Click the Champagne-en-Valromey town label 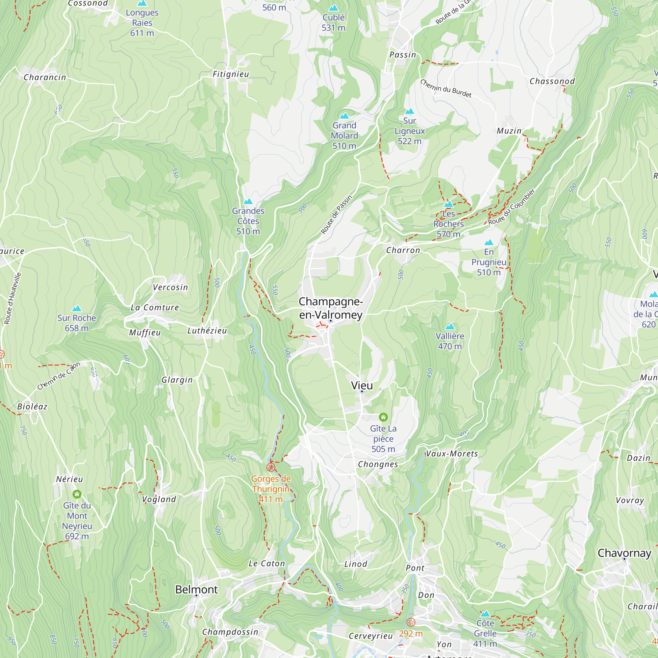click(x=330, y=308)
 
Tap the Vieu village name click(x=362, y=385)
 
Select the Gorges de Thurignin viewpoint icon click(x=271, y=467)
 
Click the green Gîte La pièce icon click(x=383, y=417)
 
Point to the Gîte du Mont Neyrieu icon click(x=77, y=494)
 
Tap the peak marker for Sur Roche click(x=77, y=309)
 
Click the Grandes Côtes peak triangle click(x=248, y=202)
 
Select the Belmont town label click(x=196, y=589)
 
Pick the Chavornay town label click(x=624, y=553)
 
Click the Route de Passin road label click(x=336, y=215)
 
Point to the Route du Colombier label click(x=511, y=207)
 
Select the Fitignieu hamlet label click(x=231, y=74)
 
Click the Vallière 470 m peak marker click(x=449, y=327)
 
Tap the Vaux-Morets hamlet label click(x=452, y=454)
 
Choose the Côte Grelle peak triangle click(x=485, y=614)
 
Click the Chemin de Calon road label click(x=59, y=376)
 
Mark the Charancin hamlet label click(x=45, y=77)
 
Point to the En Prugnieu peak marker click(x=489, y=242)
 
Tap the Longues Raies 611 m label click(x=142, y=23)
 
